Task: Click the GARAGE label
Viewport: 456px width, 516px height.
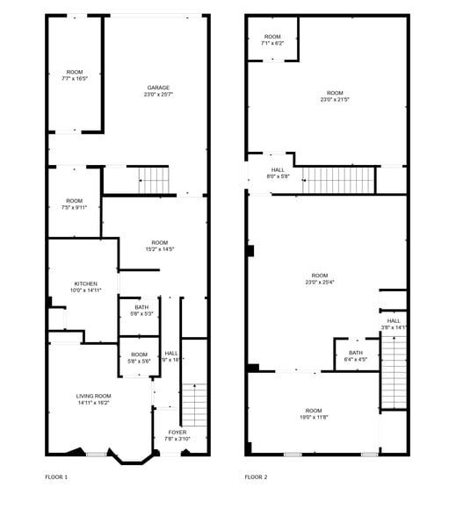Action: (158, 88)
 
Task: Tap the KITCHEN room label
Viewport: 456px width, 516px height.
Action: (85, 283)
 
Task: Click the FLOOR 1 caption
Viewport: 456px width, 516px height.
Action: (56, 477)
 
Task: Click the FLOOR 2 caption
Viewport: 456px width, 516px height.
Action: (256, 477)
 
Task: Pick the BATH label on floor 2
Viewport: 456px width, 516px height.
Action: (355, 353)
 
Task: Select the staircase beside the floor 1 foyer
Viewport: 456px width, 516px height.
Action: (193, 403)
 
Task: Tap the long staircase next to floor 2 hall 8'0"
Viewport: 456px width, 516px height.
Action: (339, 180)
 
